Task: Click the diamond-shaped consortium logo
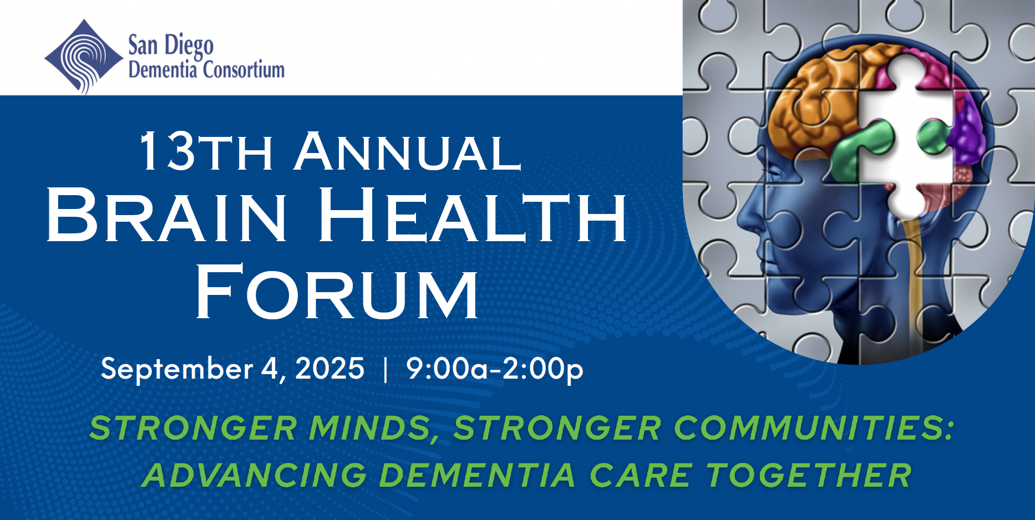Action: [84, 57]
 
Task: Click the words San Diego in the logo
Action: [171, 45]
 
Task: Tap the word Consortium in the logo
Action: [244, 70]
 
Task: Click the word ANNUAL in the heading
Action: [408, 151]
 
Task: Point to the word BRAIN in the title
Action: [166, 215]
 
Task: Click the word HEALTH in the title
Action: [473, 215]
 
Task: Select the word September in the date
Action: [177, 369]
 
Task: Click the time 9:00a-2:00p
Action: [495, 369]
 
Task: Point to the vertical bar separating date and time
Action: [385, 369]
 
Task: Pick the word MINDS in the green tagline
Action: [372, 429]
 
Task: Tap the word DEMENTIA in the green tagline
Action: [477, 475]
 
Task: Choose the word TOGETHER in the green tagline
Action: [809, 475]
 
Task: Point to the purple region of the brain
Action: [968, 130]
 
